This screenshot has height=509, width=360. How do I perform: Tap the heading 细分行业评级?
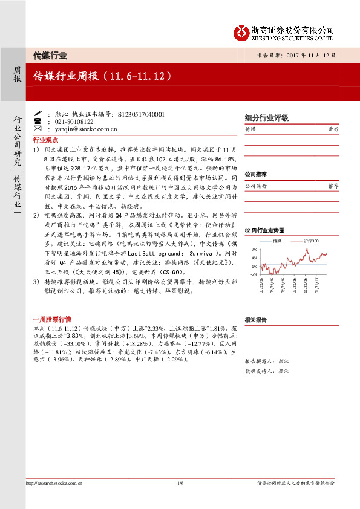pyautogui.click(x=266, y=118)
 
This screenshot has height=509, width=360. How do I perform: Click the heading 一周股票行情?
pyautogui.click(x=51, y=319)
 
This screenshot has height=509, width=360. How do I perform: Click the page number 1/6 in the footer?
pyautogui.click(x=180, y=483)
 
